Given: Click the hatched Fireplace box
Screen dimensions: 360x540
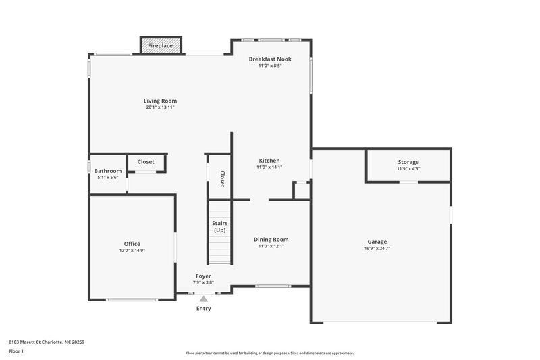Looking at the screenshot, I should pos(161,46).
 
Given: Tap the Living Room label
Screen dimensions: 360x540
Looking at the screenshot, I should pos(160,101).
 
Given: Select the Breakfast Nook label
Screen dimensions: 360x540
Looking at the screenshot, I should pos(270,59).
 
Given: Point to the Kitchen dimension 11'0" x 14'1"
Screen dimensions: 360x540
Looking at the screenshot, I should pos(269,168).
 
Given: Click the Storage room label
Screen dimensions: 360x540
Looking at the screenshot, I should pos(408,162).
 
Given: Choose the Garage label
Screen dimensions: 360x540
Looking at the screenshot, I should pos(377,242).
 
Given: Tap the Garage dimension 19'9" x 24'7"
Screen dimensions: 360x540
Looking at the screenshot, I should pos(377,249).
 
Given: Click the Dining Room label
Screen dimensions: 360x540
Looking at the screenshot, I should pos(271,239).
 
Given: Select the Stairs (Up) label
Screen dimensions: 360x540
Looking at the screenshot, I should pos(220,226).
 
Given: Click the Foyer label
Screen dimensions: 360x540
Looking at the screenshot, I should pos(203,276).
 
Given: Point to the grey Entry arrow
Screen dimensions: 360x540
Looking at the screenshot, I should pos(203,298).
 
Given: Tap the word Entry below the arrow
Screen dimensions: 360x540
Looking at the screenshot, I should pos(203,309).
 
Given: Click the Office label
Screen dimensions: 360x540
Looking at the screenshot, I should pos(132,244).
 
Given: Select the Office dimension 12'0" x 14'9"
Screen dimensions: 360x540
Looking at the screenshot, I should pos(132,251).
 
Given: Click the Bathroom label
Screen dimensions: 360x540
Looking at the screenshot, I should pos(108,171).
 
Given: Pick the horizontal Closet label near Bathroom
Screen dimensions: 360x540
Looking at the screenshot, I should pos(146,162).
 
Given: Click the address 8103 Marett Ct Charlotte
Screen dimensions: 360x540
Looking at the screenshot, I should pos(47,342).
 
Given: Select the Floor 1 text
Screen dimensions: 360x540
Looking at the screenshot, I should pos(16,352).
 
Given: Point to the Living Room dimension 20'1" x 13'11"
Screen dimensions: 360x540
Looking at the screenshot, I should pos(160,107).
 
